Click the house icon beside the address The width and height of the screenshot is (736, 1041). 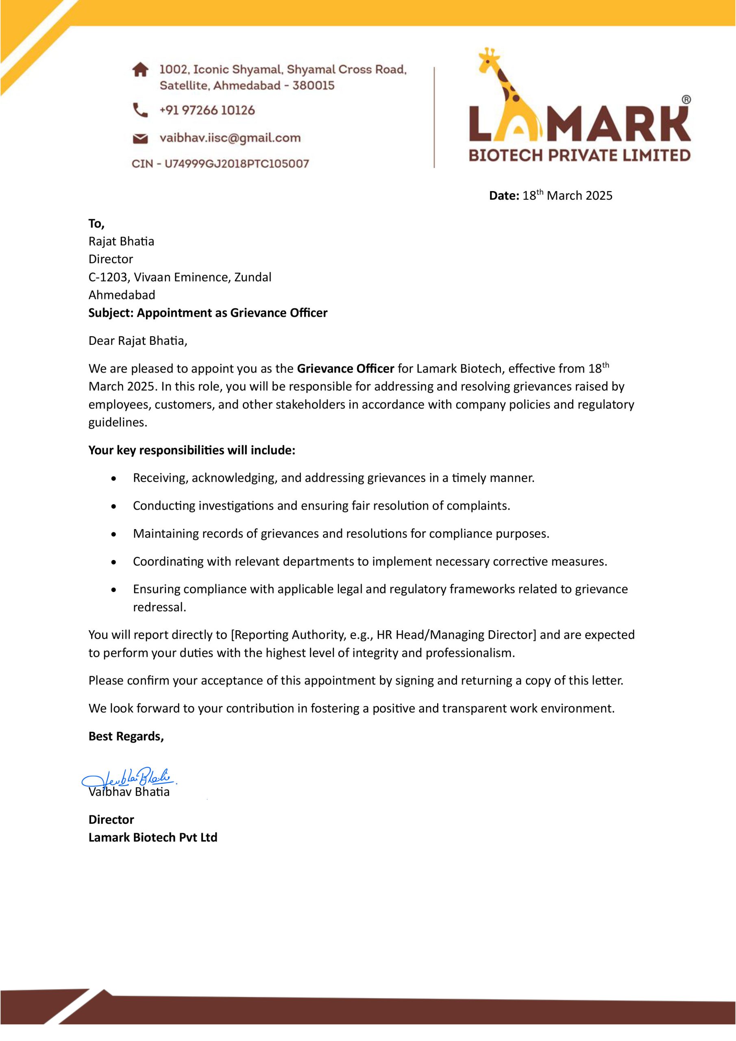(x=140, y=70)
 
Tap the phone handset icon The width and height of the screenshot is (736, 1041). (x=140, y=110)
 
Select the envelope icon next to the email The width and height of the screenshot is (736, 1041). (x=140, y=138)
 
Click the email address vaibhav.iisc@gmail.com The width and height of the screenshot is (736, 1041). (x=230, y=138)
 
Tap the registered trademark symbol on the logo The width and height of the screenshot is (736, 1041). (x=686, y=100)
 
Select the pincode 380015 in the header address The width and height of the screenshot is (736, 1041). (x=314, y=85)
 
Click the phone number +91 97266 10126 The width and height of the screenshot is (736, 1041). (x=207, y=110)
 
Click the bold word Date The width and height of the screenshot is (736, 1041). (x=503, y=196)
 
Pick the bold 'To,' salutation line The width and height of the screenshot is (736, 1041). (x=96, y=224)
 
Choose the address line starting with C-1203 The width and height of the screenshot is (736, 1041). (x=180, y=277)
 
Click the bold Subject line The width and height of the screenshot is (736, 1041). (x=208, y=313)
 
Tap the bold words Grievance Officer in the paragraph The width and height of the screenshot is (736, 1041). (x=345, y=368)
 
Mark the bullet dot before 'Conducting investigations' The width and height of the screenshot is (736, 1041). (x=114, y=506)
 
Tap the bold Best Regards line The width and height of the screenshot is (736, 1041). (x=126, y=736)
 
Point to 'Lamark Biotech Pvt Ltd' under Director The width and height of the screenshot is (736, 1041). (x=153, y=837)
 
